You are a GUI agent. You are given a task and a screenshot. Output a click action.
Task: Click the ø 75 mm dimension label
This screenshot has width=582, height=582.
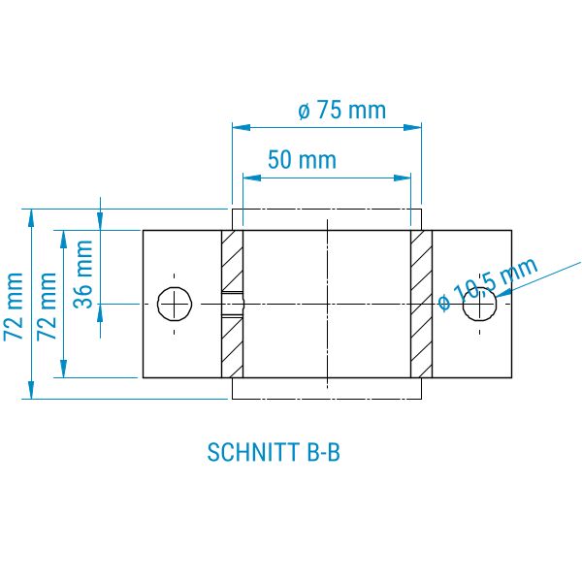click(x=341, y=111)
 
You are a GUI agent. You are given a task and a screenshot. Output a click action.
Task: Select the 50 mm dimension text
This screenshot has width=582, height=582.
click(x=302, y=160)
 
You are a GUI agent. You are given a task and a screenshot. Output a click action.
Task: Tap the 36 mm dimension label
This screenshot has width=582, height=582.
click(x=83, y=274)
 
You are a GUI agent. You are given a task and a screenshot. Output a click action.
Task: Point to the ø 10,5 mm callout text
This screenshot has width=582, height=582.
click(x=488, y=283)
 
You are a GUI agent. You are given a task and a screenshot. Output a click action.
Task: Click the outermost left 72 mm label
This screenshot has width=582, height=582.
click(x=14, y=306)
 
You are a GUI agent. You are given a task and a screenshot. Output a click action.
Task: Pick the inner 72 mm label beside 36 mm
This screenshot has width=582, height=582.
click(x=47, y=306)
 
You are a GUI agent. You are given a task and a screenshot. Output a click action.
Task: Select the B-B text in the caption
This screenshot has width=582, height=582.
click(x=324, y=452)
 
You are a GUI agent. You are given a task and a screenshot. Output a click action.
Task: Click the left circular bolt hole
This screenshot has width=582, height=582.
click(x=175, y=304)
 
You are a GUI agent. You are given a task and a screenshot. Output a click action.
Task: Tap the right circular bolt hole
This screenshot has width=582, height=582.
click(x=480, y=304)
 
